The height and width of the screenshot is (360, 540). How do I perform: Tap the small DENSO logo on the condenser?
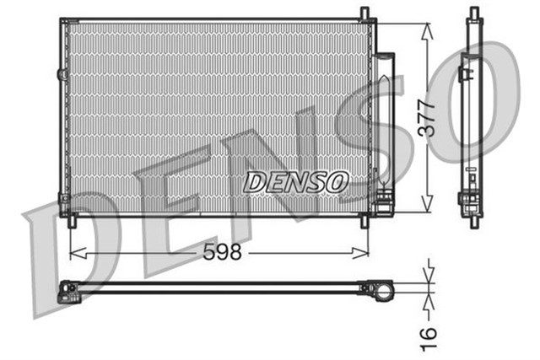click(x=296, y=180)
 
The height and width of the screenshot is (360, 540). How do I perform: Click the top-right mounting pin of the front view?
click(x=364, y=13)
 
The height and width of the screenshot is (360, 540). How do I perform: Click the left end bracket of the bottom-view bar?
click(x=67, y=292)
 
